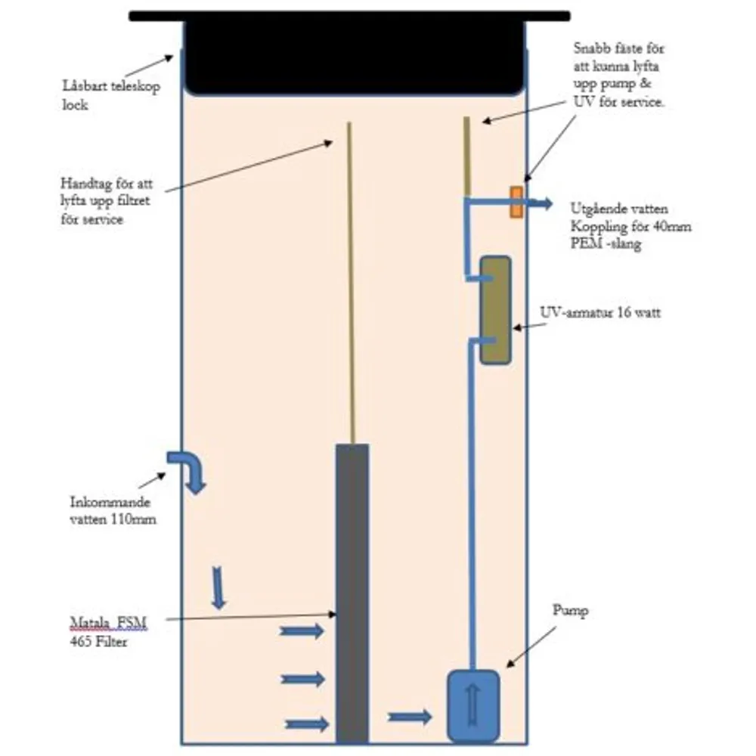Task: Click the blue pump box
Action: coord(473,705)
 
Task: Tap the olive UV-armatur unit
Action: coord(496,310)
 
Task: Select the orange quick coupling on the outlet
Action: coord(516,202)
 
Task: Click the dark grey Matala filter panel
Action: coord(352,593)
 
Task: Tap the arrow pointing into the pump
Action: coord(410,717)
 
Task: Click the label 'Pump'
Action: coord(570,611)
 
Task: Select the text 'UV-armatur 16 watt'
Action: coord(600,312)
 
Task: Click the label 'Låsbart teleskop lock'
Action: coord(111,95)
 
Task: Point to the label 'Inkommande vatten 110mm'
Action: coord(113,510)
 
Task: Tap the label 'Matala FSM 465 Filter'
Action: coord(108,632)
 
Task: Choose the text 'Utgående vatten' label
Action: coord(619,209)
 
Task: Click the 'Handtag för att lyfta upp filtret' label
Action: coord(107,201)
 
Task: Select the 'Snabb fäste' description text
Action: coord(619,75)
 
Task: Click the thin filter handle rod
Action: coord(352,283)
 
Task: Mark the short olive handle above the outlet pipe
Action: coord(466,156)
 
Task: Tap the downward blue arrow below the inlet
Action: coord(218,588)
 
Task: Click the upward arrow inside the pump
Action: coord(473,705)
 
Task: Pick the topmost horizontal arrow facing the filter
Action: coord(302,631)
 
